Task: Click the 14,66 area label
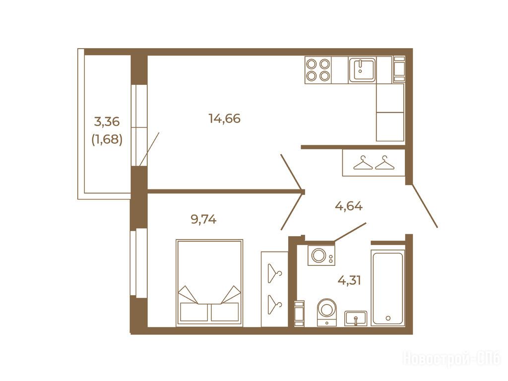click(x=225, y=119)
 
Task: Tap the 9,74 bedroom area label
click(x=203, y=220)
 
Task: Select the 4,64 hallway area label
click(x=349, y=206)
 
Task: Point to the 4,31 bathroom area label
click(x=349, y=280)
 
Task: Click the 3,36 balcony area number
click(x=107, y=122)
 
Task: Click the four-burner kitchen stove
click(x=318, y=70)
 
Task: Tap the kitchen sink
click(x=362, y=69)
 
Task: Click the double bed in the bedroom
click(x=209, y=283)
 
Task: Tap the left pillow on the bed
click(x=194, y=312)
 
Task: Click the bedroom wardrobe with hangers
click(x=275, y=289)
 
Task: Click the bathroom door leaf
click(x=350, y=232)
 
